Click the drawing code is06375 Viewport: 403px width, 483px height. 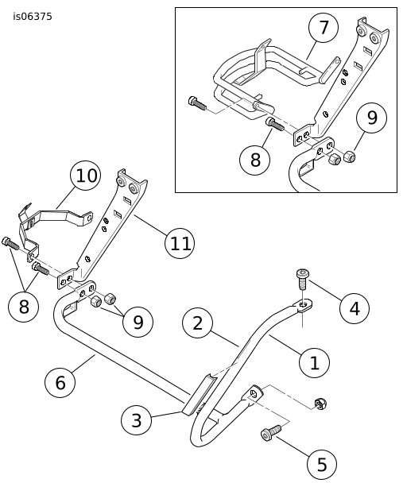(33, 17)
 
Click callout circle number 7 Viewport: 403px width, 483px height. (324, 28)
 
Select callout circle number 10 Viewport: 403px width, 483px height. (86, 176)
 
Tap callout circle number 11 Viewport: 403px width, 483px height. (180, 243)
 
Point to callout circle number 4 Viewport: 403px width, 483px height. (355, 308)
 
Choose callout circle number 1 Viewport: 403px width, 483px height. (314, 362)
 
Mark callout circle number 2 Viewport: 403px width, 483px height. (197, 323)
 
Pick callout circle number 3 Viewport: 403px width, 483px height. (136, 420)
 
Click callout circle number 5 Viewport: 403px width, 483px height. (322, 464)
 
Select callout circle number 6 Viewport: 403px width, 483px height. (60, 382)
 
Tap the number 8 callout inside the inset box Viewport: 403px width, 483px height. (255, 160)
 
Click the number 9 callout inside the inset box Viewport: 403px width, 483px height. (371, 118)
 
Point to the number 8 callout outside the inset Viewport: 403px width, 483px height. (24, 307)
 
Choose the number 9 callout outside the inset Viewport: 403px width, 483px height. (138, 322)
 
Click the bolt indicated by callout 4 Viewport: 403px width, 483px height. (303, 279)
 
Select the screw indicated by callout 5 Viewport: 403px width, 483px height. (271, 432)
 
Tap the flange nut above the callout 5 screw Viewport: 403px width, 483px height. (320, 404)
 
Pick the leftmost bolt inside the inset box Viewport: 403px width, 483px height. (196, 103)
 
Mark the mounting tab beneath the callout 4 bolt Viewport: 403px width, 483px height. (303, 306)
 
